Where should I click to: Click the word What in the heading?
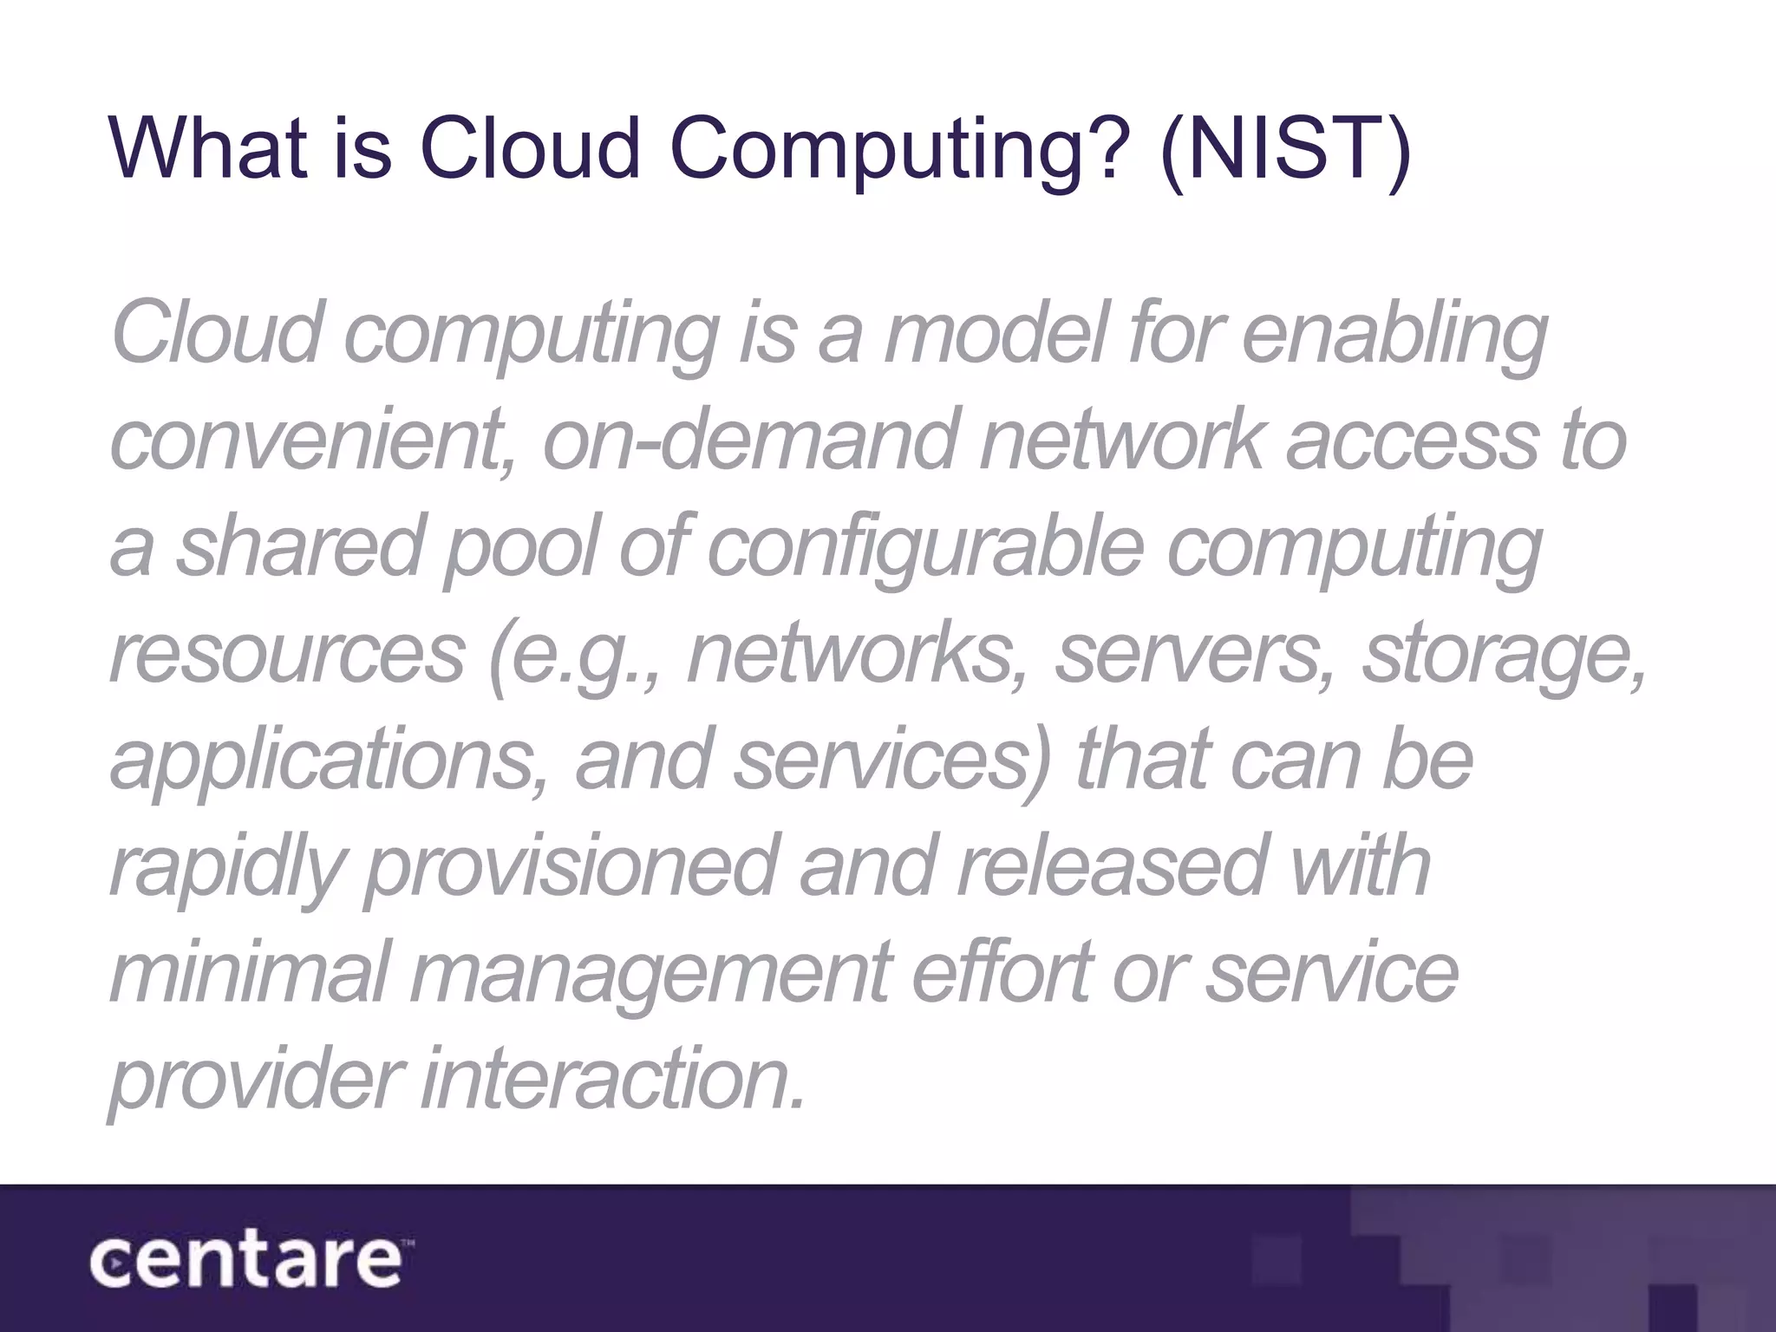(208, 147)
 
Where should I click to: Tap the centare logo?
(247, 1263)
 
